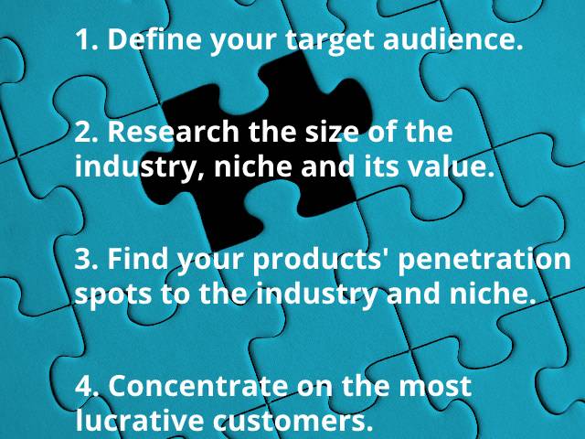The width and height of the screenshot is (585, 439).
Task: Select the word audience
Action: tap(453, 38)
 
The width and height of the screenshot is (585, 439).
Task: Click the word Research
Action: tap(174, 132)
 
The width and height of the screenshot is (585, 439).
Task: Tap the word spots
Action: tap(113, 294)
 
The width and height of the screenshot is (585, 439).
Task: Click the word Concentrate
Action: tap(198, 385)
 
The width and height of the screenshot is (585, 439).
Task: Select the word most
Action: tap(435, 387)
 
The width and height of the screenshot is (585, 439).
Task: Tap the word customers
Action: tap(292, 421)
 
